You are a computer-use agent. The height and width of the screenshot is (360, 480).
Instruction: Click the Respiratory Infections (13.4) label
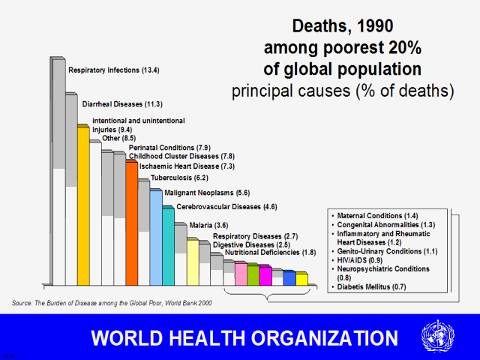pyautogui.click(x=113, y=70)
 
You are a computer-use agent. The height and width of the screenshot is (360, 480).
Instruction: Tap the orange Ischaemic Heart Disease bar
pyautogui.click(x=132, y=225)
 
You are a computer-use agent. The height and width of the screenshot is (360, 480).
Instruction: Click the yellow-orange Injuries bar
pyautogui.click(x=83, y=206)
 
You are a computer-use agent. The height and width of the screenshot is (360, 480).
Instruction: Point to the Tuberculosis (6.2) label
pyautogui.click(x=179, y=178)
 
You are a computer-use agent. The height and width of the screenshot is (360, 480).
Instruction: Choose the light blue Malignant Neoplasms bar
pyautogui.click(x=156, y=238)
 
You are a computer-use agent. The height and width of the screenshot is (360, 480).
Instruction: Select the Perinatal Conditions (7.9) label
pyautogui.click(x=169, y=147)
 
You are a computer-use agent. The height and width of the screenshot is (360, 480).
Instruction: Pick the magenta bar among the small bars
pyautogui.click(x=265, y=275)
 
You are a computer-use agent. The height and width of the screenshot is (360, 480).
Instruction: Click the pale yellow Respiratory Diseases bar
pyautogui.click(x=193, y=262)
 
